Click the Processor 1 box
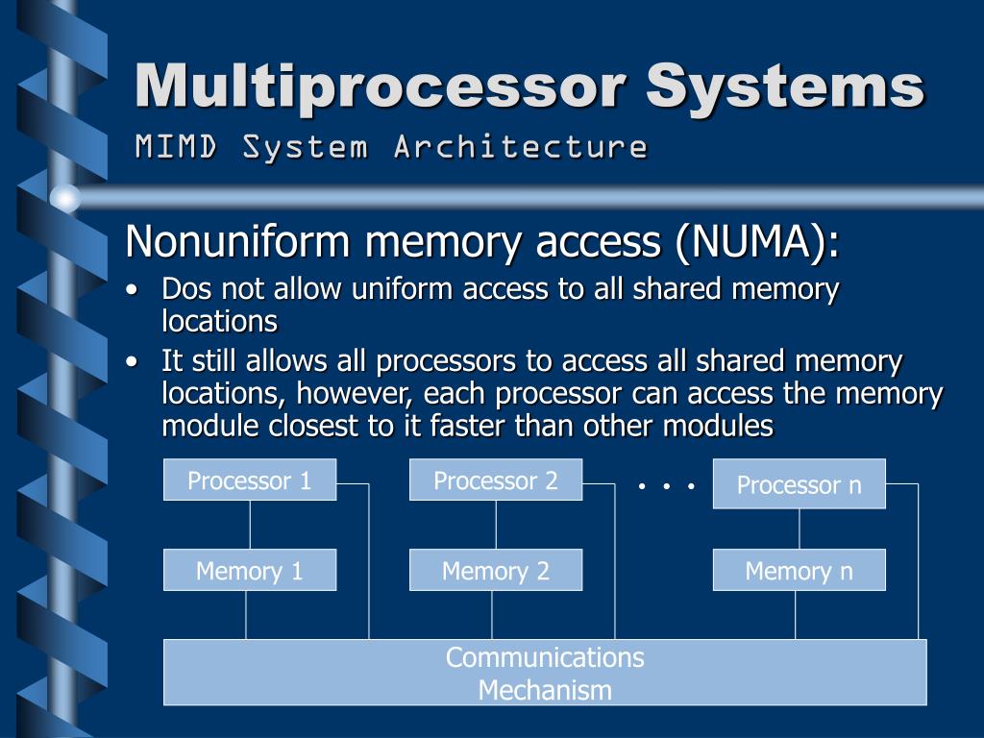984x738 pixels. pyautogui.click(x=250, y=480)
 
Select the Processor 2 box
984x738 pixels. pyautogui.click(x=496, y=480)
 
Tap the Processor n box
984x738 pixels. pyautogui.click(x=799, y=484)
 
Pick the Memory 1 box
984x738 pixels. pyautogui.click(x=250, y=570)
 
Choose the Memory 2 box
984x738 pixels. pyautogui.click(x=496, y=570)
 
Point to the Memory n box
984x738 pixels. pyautogui.click(x=799, y=570)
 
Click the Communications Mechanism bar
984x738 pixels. pyautogui.click(x=545, y=673)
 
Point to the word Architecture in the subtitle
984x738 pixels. pyautogui.click(x=520, y=147)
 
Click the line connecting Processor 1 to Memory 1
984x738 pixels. pyautogui.click(x=250, y=524)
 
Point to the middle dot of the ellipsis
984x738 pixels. pyautogui.click(x=666, y=486)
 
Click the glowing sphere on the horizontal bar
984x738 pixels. pyautogui.click(x=64, y=199)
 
